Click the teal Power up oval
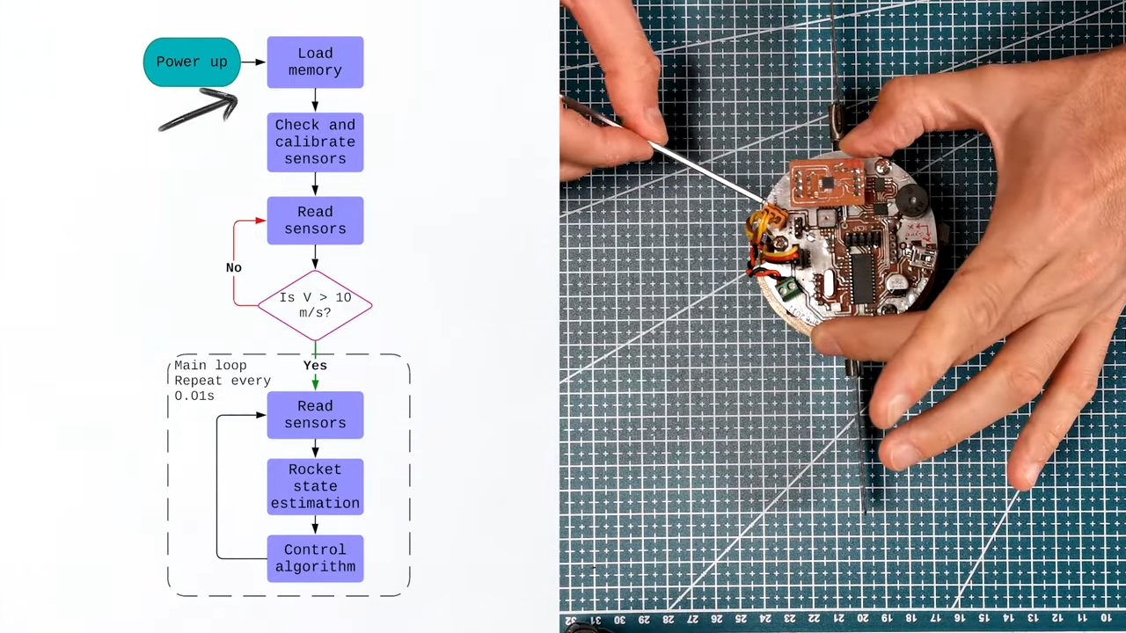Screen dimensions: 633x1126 tap(191, 62)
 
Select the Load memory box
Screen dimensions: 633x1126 tap(315, 62)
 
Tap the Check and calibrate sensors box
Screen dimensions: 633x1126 tap(315, 142)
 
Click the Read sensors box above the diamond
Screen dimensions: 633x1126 tap(315, 220)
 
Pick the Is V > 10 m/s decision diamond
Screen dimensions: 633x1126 tap(315, 305)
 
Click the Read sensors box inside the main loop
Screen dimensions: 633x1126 tap(315, 414)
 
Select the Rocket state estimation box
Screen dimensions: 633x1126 tap(315, 486)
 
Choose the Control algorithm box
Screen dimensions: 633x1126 tap(315, 558)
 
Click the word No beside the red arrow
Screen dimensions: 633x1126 tap(233, 267)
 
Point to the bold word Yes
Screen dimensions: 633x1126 tap(315, 366)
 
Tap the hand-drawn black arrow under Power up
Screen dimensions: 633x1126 tap(201, 111)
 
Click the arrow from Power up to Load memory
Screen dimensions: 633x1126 tap(253, 62)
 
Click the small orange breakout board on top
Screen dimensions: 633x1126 tap(827, 183)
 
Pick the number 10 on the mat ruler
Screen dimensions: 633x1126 tap(1106, 619)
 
